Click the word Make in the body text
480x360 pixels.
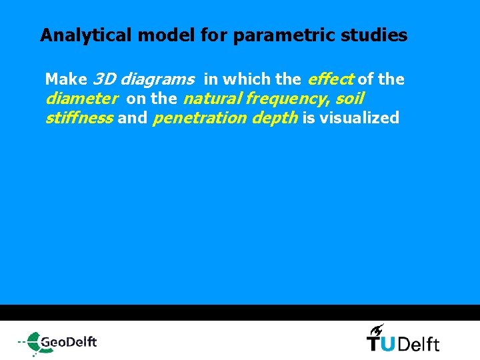pyautogui.click(x=66, y=79)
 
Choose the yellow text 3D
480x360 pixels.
pyautogui.click(x=104, y=79)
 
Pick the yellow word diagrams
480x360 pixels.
pyautogui.click(x=157, y=80)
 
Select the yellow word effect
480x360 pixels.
pyautogui.click(x=331, y=79)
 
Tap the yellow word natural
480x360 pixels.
pyautogui.click(x=211, y=99)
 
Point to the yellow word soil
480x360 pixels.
pyautogui.click(x=349, y=99)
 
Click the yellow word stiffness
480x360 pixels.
pyautogui.click(x=78, y=119)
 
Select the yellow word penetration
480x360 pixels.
pyautogui.click(x=200, y=119)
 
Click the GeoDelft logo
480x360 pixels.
pyautogui.click(x=58, y=342)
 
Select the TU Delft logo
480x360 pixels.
pyautogui.click(x=403, y=342)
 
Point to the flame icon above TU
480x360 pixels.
pyautogui.click(x=377, y=329)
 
